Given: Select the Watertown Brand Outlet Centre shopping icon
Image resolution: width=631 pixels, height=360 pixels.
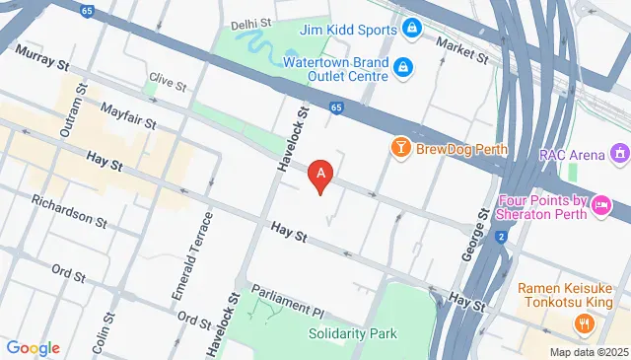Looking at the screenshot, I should [x=402, y=67].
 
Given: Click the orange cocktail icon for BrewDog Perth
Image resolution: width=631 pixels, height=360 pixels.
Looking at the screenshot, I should [x=400, y=149].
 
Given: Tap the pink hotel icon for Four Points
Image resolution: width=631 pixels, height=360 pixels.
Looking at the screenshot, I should [x=602, y=205].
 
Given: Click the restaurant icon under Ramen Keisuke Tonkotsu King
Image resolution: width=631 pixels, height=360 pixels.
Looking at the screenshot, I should [x=585, y=322].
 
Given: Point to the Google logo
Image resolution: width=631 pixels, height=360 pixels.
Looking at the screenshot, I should [x=33, y=347].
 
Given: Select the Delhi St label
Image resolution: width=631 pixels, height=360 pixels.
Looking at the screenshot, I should [x=251, y=24].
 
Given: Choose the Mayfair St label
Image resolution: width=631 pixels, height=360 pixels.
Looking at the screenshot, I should [x=128, y=120].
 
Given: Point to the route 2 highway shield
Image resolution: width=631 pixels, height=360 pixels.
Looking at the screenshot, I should [x=501, y=237].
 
